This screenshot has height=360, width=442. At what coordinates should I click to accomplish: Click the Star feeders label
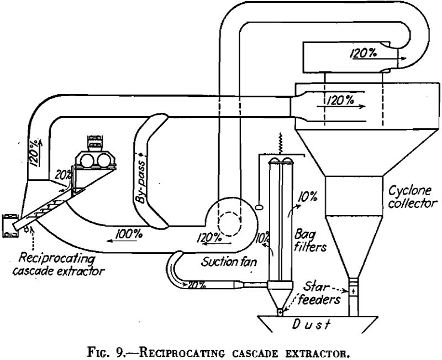tap(320, 293)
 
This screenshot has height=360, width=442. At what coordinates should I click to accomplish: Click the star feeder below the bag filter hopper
tap(281, 312)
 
